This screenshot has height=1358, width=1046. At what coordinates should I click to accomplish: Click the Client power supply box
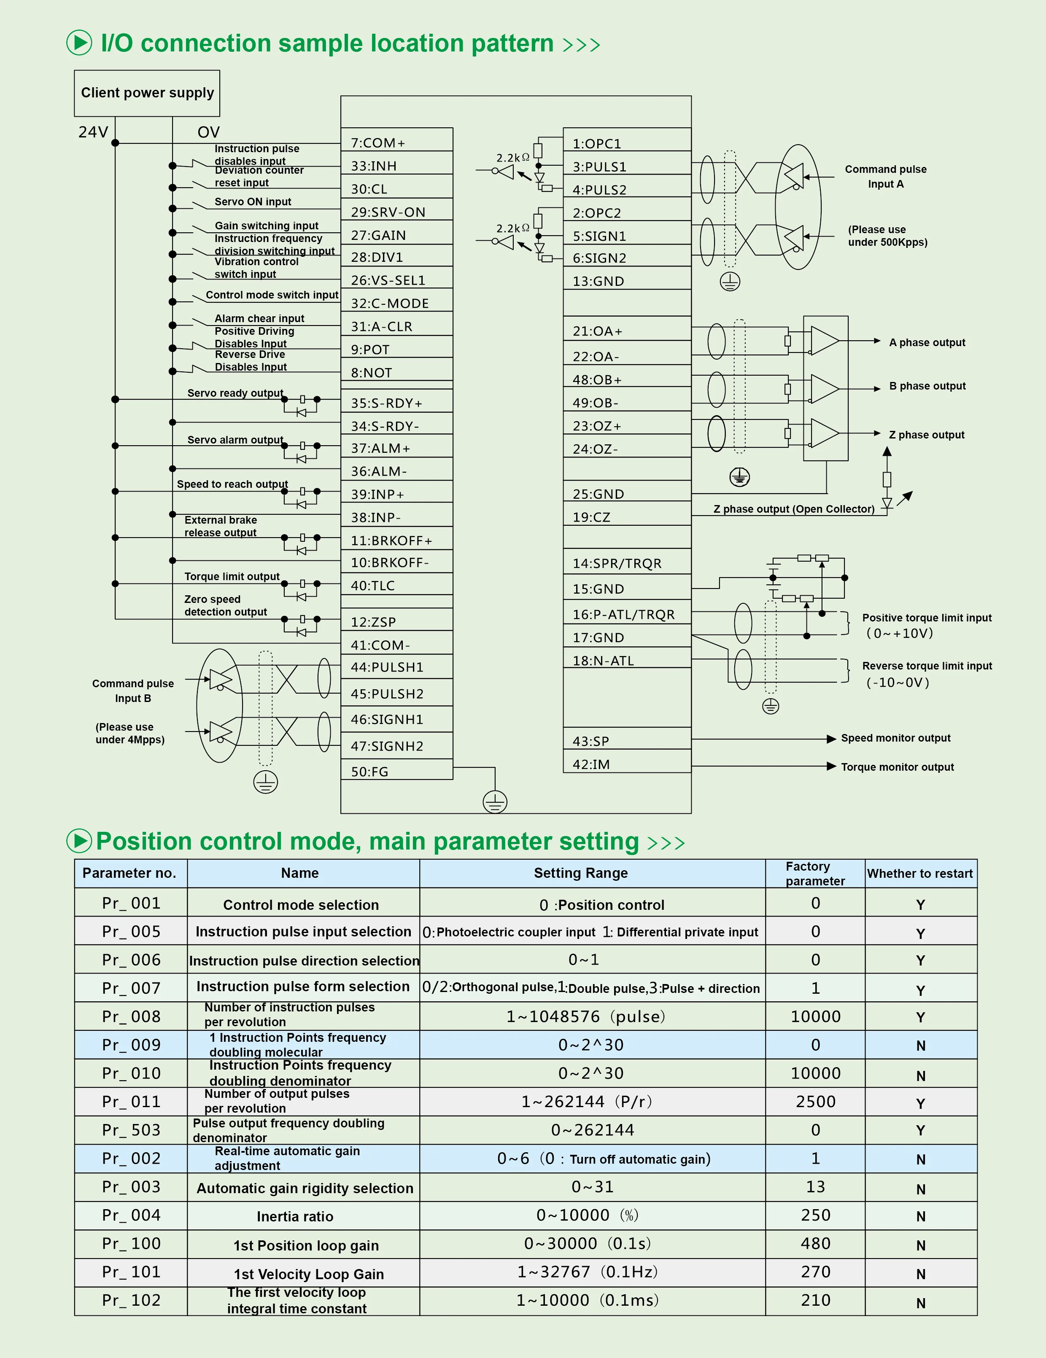coord(147,93)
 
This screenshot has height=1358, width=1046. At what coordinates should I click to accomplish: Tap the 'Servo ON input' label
coord(253,202)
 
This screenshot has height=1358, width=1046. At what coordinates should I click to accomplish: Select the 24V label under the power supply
coord(93,132)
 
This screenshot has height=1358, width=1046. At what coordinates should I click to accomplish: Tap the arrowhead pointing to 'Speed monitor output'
coord(831,739)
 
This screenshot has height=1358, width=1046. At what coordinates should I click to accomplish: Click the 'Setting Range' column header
coord(580,873)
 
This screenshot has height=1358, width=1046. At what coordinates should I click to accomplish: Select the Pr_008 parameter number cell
coord(131,1016)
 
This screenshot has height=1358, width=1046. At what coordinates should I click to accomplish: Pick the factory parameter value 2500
coord(815,1102)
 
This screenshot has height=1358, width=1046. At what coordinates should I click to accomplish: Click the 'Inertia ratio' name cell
coord(295,1216)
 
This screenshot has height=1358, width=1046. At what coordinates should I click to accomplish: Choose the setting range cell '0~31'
coord(592,1187)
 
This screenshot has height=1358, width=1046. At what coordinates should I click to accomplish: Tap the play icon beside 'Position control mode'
coord(79,841)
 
